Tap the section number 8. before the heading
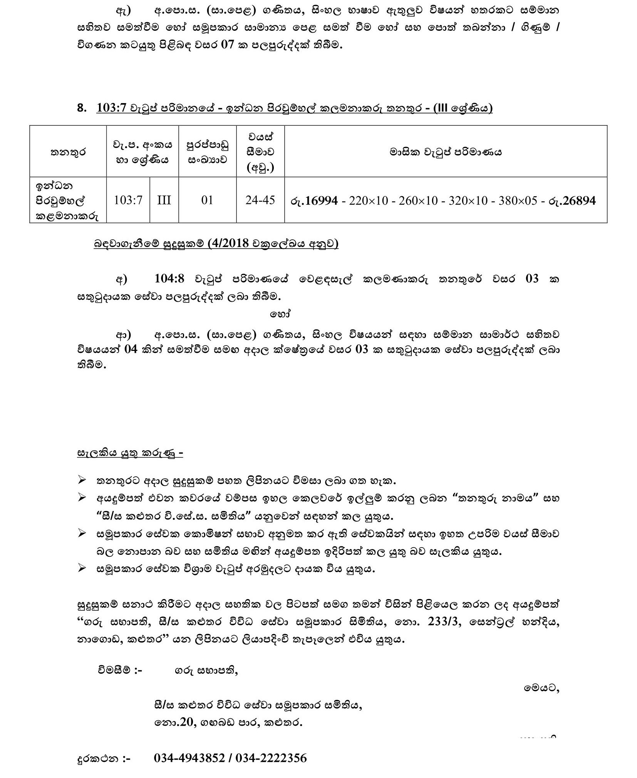coord(82,108)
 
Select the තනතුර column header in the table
coord(68,152)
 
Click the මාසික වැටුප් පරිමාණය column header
coord(446,152)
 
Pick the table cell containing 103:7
coord(128,200)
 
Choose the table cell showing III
coord(164,200)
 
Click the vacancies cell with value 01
coord(207,200)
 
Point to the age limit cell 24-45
coord(260,200)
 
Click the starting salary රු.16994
coord(314,200)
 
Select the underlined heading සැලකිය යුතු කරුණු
coord(130,453)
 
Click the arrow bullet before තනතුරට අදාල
coord(82,480)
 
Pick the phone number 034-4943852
coord(189,758)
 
